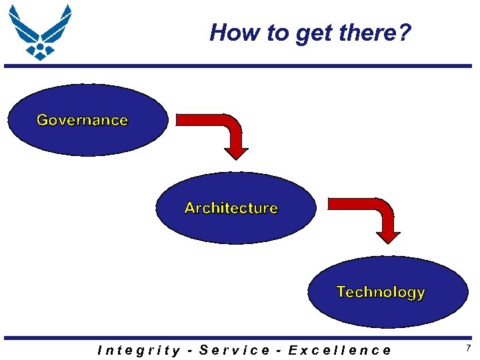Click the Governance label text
(x=82, y=120)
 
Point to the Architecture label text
(x=231, y=208)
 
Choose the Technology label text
(x=381, y=292)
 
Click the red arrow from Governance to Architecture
(x=220, y=130)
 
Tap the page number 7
(x=468, y=349)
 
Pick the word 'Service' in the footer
(x=235, y=350)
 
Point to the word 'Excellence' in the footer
(x=339, y=350)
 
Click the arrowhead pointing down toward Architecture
(x=235, y=153)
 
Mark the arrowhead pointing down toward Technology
(x=388, y=237)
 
